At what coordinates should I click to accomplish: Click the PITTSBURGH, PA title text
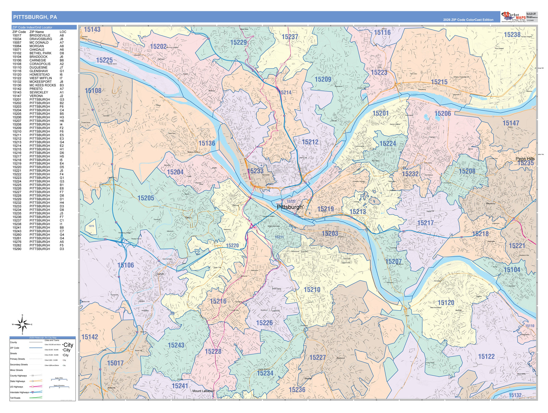(x=35, y=17)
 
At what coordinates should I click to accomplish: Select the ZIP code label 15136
(x=207, y=143)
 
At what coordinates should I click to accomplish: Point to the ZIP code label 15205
(x=146, y=198)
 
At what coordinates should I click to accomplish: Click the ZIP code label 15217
(x=425, y=223)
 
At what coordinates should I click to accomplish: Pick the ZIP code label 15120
(x=446, y=302)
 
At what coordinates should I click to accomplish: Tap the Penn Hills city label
(x=525, y=159)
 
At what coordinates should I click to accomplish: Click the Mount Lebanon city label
(x=203, y=391)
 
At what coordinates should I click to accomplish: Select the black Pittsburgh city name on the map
(x=290, y=207)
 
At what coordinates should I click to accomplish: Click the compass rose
(x=22, y=324)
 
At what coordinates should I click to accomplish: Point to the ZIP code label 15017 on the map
(x=115, y=363)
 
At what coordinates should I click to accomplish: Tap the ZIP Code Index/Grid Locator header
(x=33, y=27)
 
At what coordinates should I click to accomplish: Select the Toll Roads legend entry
(x=15, y=398)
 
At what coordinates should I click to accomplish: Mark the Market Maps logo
(x=514, y=16)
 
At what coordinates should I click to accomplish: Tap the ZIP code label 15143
(x=92, y=29)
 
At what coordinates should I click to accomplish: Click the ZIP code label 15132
(x=515, y=395)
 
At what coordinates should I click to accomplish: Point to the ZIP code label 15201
(x=380, y=113)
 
